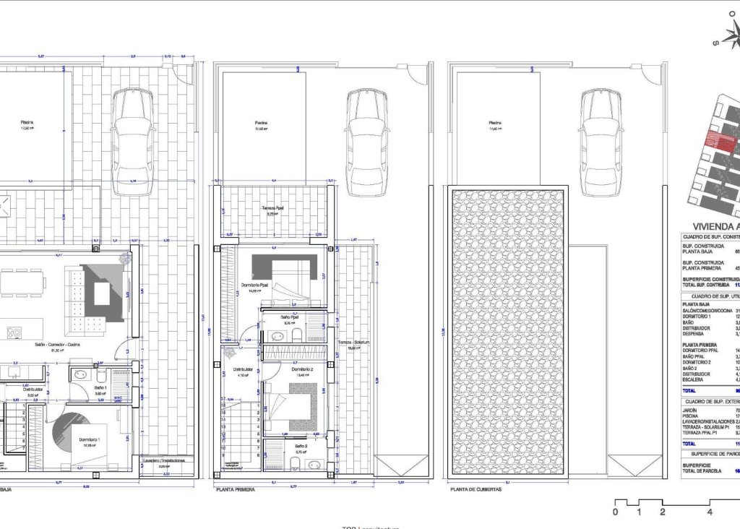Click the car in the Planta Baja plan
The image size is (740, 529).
pos(132,142)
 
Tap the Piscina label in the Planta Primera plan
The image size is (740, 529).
pos(262,123)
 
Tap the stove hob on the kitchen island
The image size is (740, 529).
pos(14,332)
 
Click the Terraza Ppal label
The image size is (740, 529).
pos(272,208)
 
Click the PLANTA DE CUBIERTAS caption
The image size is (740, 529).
pos(475,489)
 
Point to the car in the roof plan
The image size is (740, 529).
pos(600,142)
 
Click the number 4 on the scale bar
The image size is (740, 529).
pos(710,512)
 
